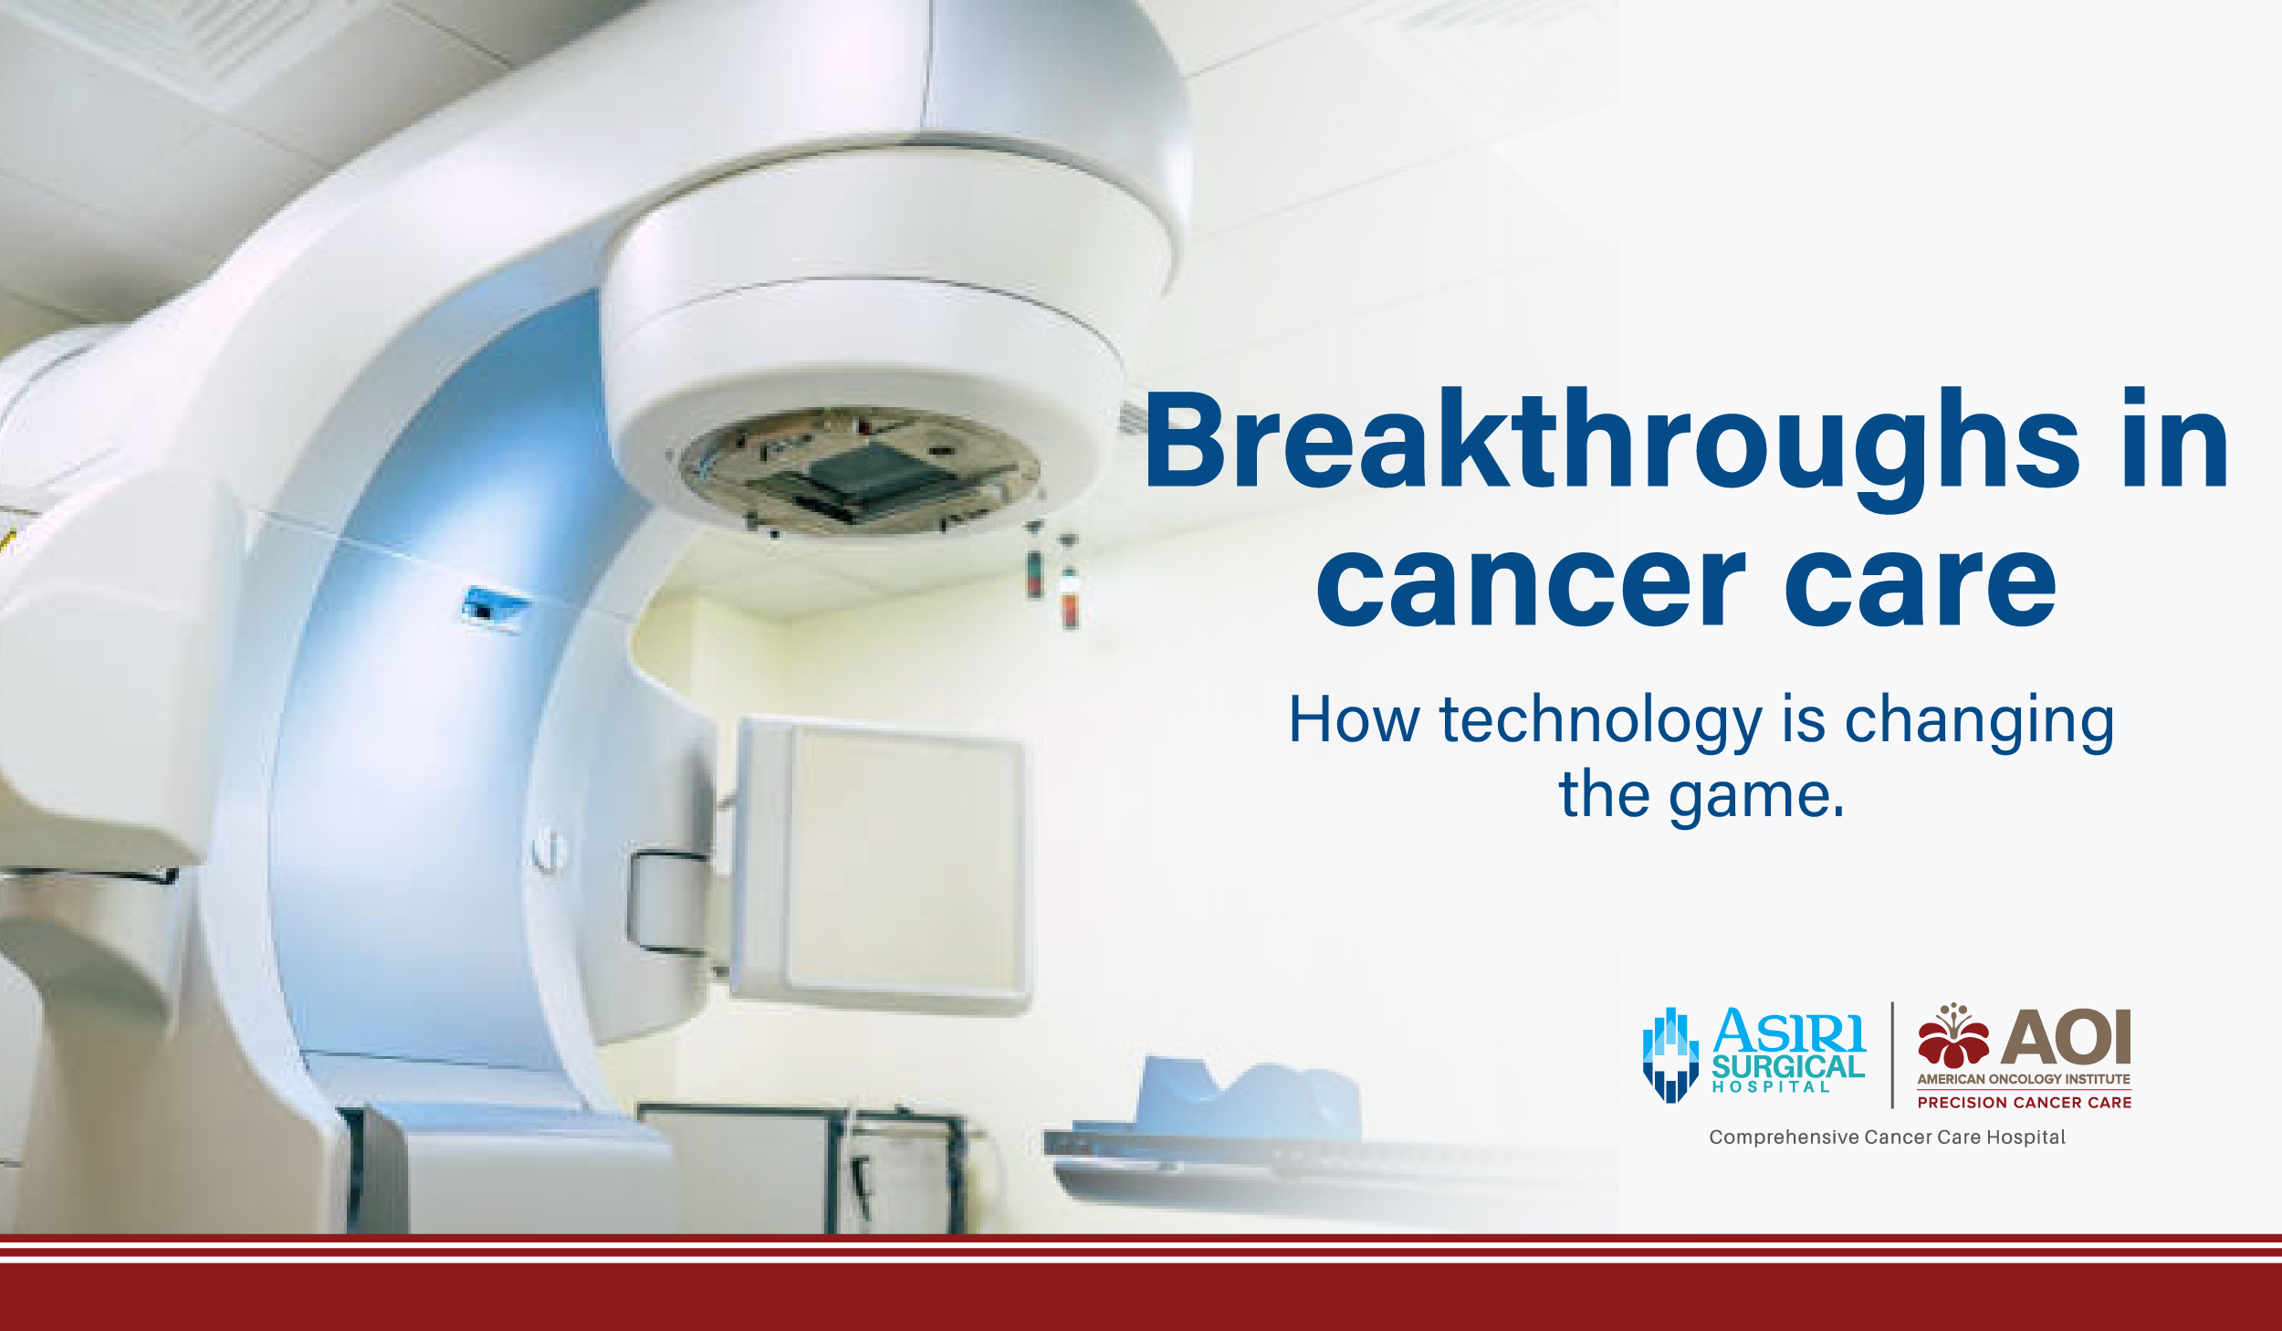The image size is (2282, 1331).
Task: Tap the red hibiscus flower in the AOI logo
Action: point(1952,1040)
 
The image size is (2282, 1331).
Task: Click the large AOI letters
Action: point(2066,1038)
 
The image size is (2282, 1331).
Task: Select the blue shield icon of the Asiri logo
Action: point(1670,1055)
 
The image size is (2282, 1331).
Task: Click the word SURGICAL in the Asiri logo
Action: point(1787,1066)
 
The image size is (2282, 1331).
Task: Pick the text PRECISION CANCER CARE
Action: point(2025,1103)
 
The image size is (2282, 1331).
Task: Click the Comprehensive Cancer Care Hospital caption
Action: point(1887,1137)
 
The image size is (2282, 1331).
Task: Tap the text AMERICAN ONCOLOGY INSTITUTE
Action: point(2024,1079)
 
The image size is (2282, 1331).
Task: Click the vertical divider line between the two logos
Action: point(1892,1055)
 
